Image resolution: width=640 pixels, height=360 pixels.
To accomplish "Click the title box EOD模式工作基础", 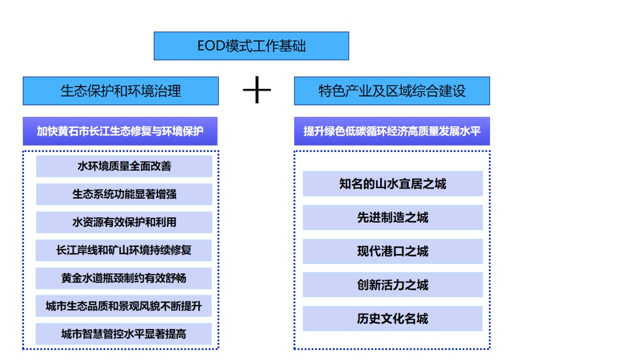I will (251, 46).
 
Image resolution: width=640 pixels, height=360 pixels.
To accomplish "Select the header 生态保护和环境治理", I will (120, 91).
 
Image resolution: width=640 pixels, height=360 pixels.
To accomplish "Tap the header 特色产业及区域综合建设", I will (392, 91).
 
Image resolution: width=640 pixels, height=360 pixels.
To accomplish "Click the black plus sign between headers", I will (256, 90).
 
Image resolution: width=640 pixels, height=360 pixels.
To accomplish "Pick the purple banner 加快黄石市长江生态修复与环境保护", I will (120, 131).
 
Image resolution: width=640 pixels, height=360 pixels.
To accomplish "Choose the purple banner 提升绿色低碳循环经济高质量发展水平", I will (392, 131).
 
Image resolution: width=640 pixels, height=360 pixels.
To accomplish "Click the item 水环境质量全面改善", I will (124, 166).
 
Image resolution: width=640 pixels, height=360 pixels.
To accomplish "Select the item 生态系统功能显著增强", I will (124, 194).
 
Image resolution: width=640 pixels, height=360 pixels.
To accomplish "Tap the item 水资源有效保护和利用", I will (124, 222).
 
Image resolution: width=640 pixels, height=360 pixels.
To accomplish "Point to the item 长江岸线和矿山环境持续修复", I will (124, 250).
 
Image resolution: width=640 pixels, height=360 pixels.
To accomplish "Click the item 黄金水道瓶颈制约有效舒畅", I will (124, 278).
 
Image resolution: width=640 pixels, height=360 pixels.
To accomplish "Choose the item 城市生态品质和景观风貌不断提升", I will (124, 306).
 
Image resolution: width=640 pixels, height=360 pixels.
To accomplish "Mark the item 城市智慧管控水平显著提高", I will (124, 334).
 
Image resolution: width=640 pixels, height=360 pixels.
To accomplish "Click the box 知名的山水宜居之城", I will (392, 184).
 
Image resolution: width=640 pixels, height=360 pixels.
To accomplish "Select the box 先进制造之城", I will (392, 217).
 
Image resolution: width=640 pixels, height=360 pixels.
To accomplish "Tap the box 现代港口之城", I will (392, 251).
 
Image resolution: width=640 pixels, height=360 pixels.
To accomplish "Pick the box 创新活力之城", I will (392, 285).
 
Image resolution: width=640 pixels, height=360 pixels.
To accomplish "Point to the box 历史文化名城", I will (392, 318).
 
